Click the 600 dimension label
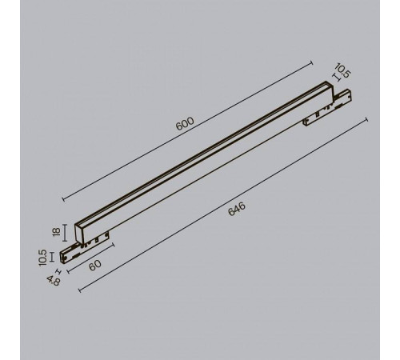[x=185, y=123]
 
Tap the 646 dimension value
[x=237, y=209]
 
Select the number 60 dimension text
[x=95, y=266]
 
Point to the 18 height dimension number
[x=56, y=232]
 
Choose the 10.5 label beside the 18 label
[x=42, y=258]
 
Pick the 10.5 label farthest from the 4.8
[x=342, y=70]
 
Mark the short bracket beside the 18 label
[x=65, y=233]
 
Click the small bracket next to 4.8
[x=58, y=271]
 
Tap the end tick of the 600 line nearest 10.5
[x=311, y=63]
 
